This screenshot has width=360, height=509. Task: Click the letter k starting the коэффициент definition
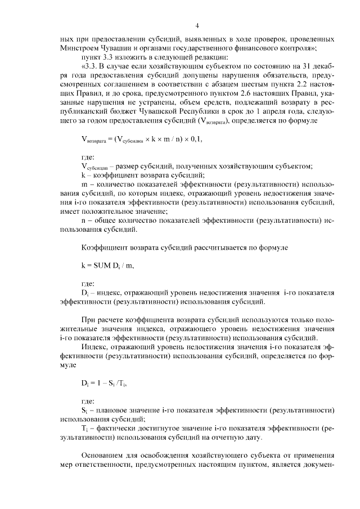click(83, 175)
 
